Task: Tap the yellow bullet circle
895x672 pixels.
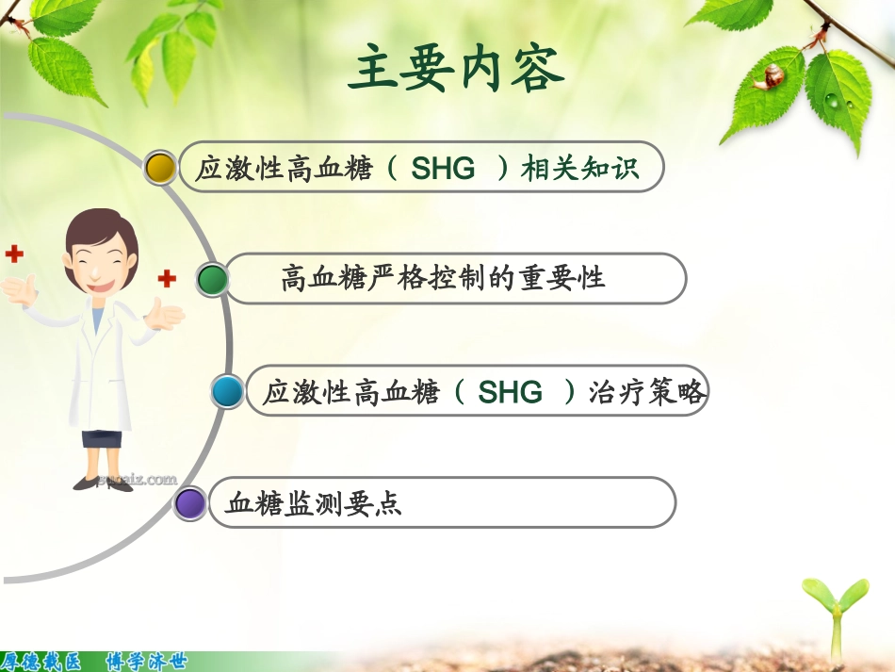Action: pos(160,168)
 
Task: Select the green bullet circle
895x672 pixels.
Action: pos(212,279)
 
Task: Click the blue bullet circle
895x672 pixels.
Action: pos(227,390)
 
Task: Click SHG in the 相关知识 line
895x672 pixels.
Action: pos(444,170)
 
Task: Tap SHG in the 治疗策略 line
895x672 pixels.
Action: pos(511,392)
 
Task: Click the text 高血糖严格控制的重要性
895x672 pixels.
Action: pos(443,279)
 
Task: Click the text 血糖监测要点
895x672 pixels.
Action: pos(314,503)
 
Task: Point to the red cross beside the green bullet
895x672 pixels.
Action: pos(167,278)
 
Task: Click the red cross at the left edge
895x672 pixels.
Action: pos(12,253)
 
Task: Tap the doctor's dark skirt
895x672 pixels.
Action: pos(101,437)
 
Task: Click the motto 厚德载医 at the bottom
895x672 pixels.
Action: pos(41,662)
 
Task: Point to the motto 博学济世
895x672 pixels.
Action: pos(146,662)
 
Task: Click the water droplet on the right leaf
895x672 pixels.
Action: pos(833,99)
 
